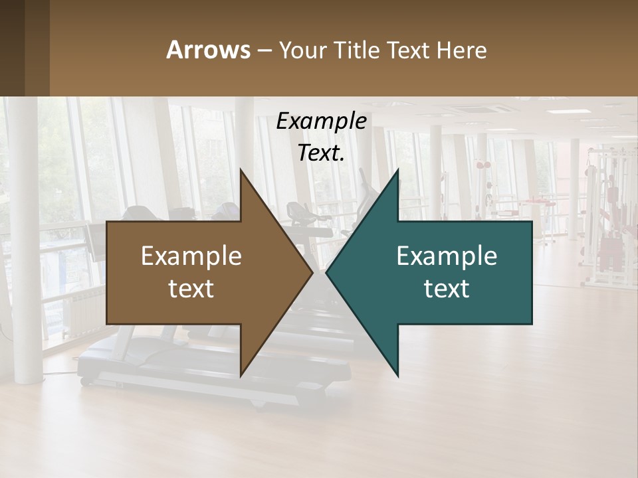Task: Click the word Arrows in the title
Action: click(x=208, y=50)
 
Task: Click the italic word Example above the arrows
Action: click(x=321, y=121)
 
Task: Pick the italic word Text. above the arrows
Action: click(x=321, y=153)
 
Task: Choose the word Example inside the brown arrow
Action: click(x=191, y=256)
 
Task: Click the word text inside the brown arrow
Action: click(x=191, y=288)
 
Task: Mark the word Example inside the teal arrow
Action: click(x=447, y=256)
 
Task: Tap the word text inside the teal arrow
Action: click(x=447, y=288)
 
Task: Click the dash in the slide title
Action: click(x=263, y=50)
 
